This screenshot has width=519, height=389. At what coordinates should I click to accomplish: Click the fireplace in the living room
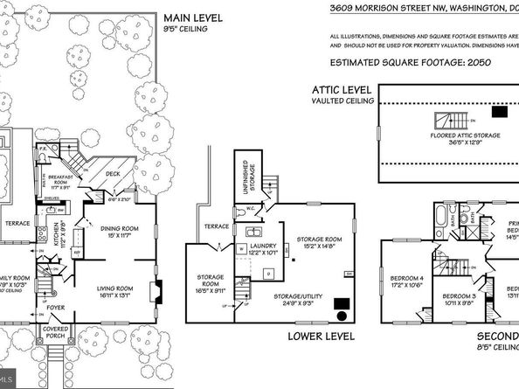tap(156, 290)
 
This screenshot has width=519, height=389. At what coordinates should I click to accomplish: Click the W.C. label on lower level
tap(249, 208)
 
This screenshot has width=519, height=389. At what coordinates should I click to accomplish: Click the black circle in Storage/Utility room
tap(342, 317)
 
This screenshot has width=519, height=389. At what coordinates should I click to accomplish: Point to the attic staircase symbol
tap(444, 121)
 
